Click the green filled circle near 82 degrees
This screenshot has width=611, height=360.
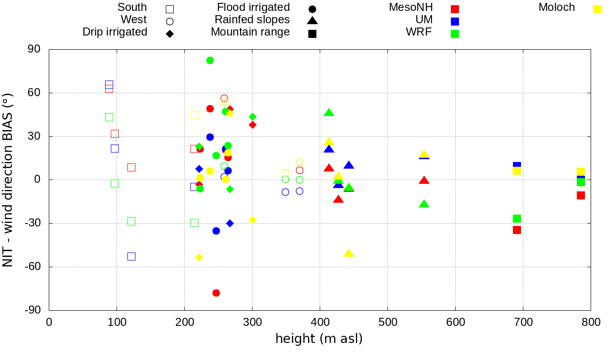(x=210, y=60)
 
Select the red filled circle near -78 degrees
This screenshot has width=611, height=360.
(x=216, y=293)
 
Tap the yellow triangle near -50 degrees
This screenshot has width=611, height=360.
(x=349, y=253)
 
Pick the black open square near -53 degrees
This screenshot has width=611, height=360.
(x=131, y=256)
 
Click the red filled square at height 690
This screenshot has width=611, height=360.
(x=517, y=230)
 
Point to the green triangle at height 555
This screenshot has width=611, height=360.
(x=424, y=204)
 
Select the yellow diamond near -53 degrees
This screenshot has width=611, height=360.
(x=199, y=257)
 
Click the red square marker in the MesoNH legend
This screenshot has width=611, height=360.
(x=455, y=9)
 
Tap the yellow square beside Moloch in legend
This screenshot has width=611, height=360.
(x=597, y=9)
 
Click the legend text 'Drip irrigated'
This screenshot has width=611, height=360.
(x=115, y=32)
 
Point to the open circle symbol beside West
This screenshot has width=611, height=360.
(x=170, y=21)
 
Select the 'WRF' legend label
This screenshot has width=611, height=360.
(x=419, y=32)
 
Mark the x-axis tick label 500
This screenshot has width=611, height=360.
(x=387, y=323)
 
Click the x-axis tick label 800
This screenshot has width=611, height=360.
(x=591, y=323)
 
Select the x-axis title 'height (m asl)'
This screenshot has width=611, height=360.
(x=319, y=339)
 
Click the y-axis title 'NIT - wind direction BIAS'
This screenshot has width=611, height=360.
(x=8, y=180)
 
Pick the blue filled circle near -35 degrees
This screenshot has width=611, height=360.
(x=216, y=231)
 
